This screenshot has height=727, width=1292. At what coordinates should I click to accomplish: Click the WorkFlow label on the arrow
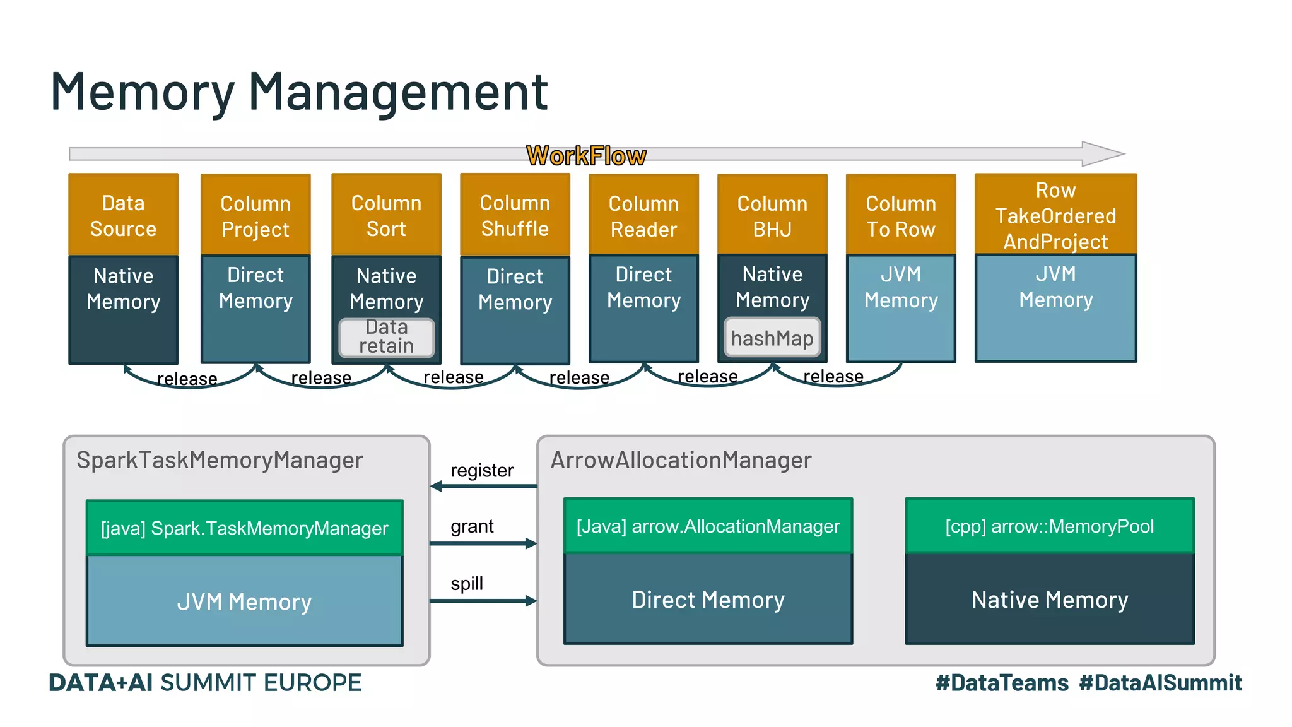(x=586, y=155)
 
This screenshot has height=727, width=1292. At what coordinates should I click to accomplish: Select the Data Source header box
(x=123, y=215)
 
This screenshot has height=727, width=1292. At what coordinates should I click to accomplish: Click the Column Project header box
(x=255, y=216)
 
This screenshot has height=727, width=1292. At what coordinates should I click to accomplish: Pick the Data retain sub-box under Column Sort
(x=387, y=337)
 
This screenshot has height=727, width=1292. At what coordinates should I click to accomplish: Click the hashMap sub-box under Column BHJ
(x=772, y=338)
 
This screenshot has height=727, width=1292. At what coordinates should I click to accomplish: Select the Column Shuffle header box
(x=515, y=215)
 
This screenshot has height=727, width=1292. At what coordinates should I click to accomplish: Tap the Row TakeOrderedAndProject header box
(x=1055, y=215)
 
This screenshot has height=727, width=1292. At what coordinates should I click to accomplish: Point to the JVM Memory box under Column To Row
(x=901, y=308)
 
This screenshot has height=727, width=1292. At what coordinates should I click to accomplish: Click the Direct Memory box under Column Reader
(x=643, y=308)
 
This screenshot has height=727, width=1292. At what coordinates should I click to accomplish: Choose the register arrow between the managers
(x=483, y=486)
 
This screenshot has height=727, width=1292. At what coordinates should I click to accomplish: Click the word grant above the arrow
(x=472, y=526)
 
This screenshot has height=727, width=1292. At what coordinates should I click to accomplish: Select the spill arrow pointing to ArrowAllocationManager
(x=483, y=601)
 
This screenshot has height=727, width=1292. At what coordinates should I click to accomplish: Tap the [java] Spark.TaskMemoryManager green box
(x=245, y=528)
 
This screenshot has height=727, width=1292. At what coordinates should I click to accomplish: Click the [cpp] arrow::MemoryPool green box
(x=1050, y=526)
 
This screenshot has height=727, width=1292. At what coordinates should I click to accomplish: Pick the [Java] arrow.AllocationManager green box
(x=708, y=526)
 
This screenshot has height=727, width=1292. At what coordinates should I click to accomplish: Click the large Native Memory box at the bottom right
(x=1050, y=599)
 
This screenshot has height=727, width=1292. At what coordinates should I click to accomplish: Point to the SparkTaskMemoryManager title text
(x=220, y=460)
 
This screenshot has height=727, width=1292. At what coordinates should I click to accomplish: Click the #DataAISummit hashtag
(x=1160, y=682)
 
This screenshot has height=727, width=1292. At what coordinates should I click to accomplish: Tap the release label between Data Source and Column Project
(x=187, y=379)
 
